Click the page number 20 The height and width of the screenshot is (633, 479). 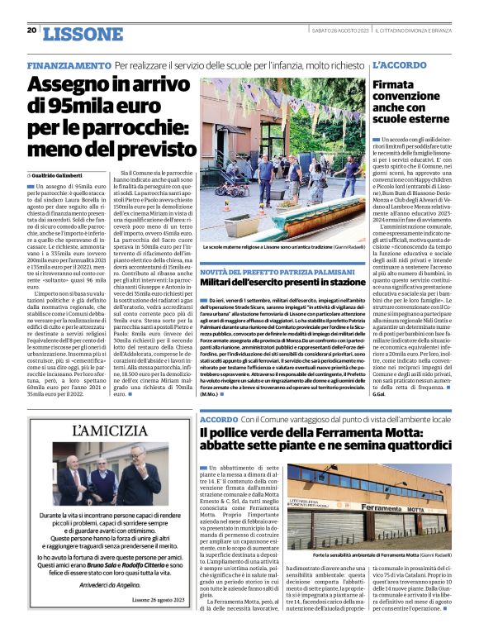[x=31, y=31]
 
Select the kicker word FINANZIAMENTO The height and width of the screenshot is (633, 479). [x=69, y=64]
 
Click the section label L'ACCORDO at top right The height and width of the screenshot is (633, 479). [x=400, y=64]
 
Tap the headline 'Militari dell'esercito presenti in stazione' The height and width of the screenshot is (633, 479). [x=282, y=283]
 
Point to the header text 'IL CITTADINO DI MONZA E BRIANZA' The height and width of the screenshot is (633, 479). [x=416, y=31]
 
